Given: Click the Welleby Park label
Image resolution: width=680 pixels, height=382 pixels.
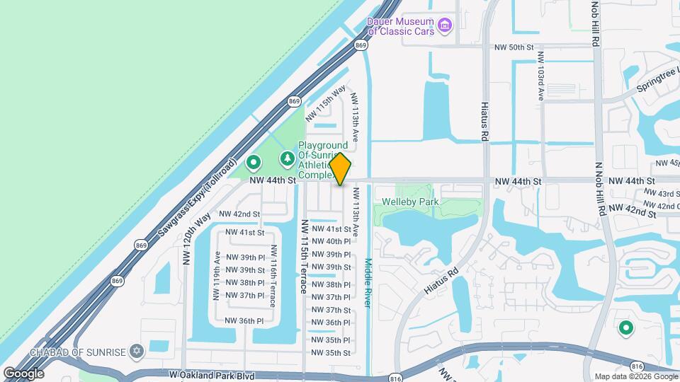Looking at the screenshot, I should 411,202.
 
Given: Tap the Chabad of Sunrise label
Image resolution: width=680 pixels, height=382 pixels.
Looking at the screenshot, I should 78,352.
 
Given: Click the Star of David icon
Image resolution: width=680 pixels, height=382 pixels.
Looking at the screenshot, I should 137,351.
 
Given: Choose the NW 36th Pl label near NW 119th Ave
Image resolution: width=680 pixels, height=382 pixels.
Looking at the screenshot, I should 244,320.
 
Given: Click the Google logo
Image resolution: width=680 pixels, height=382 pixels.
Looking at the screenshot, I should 23,373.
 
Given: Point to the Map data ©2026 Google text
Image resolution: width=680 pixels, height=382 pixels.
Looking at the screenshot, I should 635,376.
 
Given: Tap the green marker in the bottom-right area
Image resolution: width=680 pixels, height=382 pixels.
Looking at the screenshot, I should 626,328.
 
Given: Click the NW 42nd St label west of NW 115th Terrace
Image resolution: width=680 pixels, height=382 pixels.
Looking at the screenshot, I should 239,214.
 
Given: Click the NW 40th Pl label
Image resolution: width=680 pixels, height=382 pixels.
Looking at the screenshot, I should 331,241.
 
